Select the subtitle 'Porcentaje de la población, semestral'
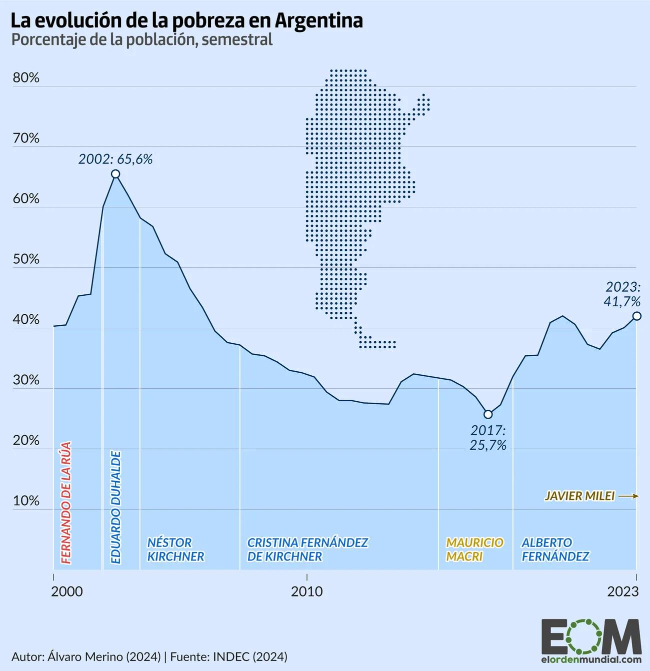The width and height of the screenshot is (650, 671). pyautogui.click(x=142, y=40)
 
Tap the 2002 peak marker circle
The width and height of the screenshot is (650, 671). pyautogui.click(x=115, y=174)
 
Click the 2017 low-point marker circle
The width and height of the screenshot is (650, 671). pyautogui.click(x=488, y=414)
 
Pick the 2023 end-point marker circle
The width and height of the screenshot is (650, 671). pyautogui.click(x=636, y=316)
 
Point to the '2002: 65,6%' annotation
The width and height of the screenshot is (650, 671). pyautogui.click(x=115, y=159)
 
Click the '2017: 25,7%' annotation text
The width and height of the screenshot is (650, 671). pyautogui.click(x=488, y=438)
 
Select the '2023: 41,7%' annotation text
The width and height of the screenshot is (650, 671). pyautogui.click(x=622, y=294)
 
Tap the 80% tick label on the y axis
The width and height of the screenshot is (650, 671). pyautogui.click(x=26, y=78)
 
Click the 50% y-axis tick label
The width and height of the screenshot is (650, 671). pyautogui.click(x=26, y=259)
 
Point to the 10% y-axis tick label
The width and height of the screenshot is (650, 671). pyautogui.click(x=26, y=501)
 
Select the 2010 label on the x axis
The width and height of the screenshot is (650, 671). pyautogui.click(x=306, y=592)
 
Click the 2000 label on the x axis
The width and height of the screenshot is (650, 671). pyautogui.click(x=67, y=592)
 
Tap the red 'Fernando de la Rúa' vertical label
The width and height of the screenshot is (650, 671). pyautogui.click(x=65, y=503)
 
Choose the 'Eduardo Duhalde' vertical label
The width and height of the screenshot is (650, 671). pyautogui.click(x=115, y=507)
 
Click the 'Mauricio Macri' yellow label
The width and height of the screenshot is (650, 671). pyautogui.click(x=474, y=549)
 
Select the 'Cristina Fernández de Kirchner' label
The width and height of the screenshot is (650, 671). pyautogui.click(x=307, y=549)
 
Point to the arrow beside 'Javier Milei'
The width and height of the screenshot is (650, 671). pyautogui.click(x=628, y=496)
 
